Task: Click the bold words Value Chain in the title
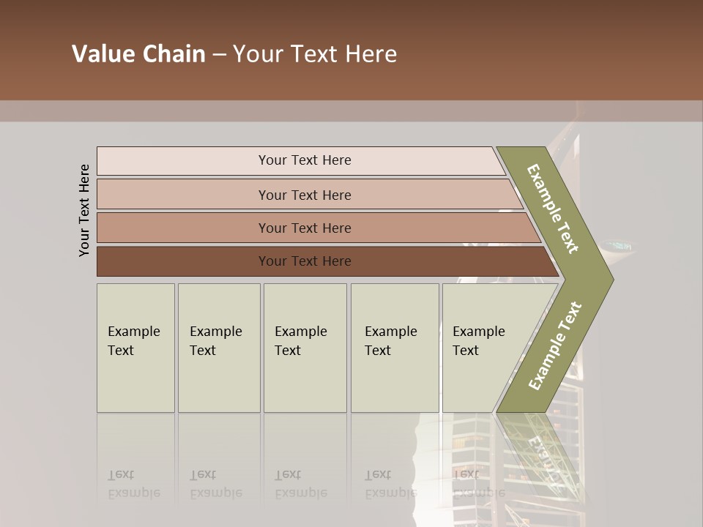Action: (138, 54)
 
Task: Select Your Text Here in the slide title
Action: (315, 54)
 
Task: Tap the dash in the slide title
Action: (219, 55)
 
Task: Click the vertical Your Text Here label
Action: (84, 210)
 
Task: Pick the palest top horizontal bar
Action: (304, 160)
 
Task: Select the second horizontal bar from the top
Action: (304, 195)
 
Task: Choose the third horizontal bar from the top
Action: (304, 228)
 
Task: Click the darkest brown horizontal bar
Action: (304, 261)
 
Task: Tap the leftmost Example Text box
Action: (135, 348)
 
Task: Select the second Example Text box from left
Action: (218, 348)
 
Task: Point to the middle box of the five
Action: (305, 348)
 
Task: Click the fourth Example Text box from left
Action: (394, 348)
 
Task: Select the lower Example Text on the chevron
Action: (555, 345)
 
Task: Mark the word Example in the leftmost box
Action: (133, 332)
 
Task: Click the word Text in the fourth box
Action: (378, 351)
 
